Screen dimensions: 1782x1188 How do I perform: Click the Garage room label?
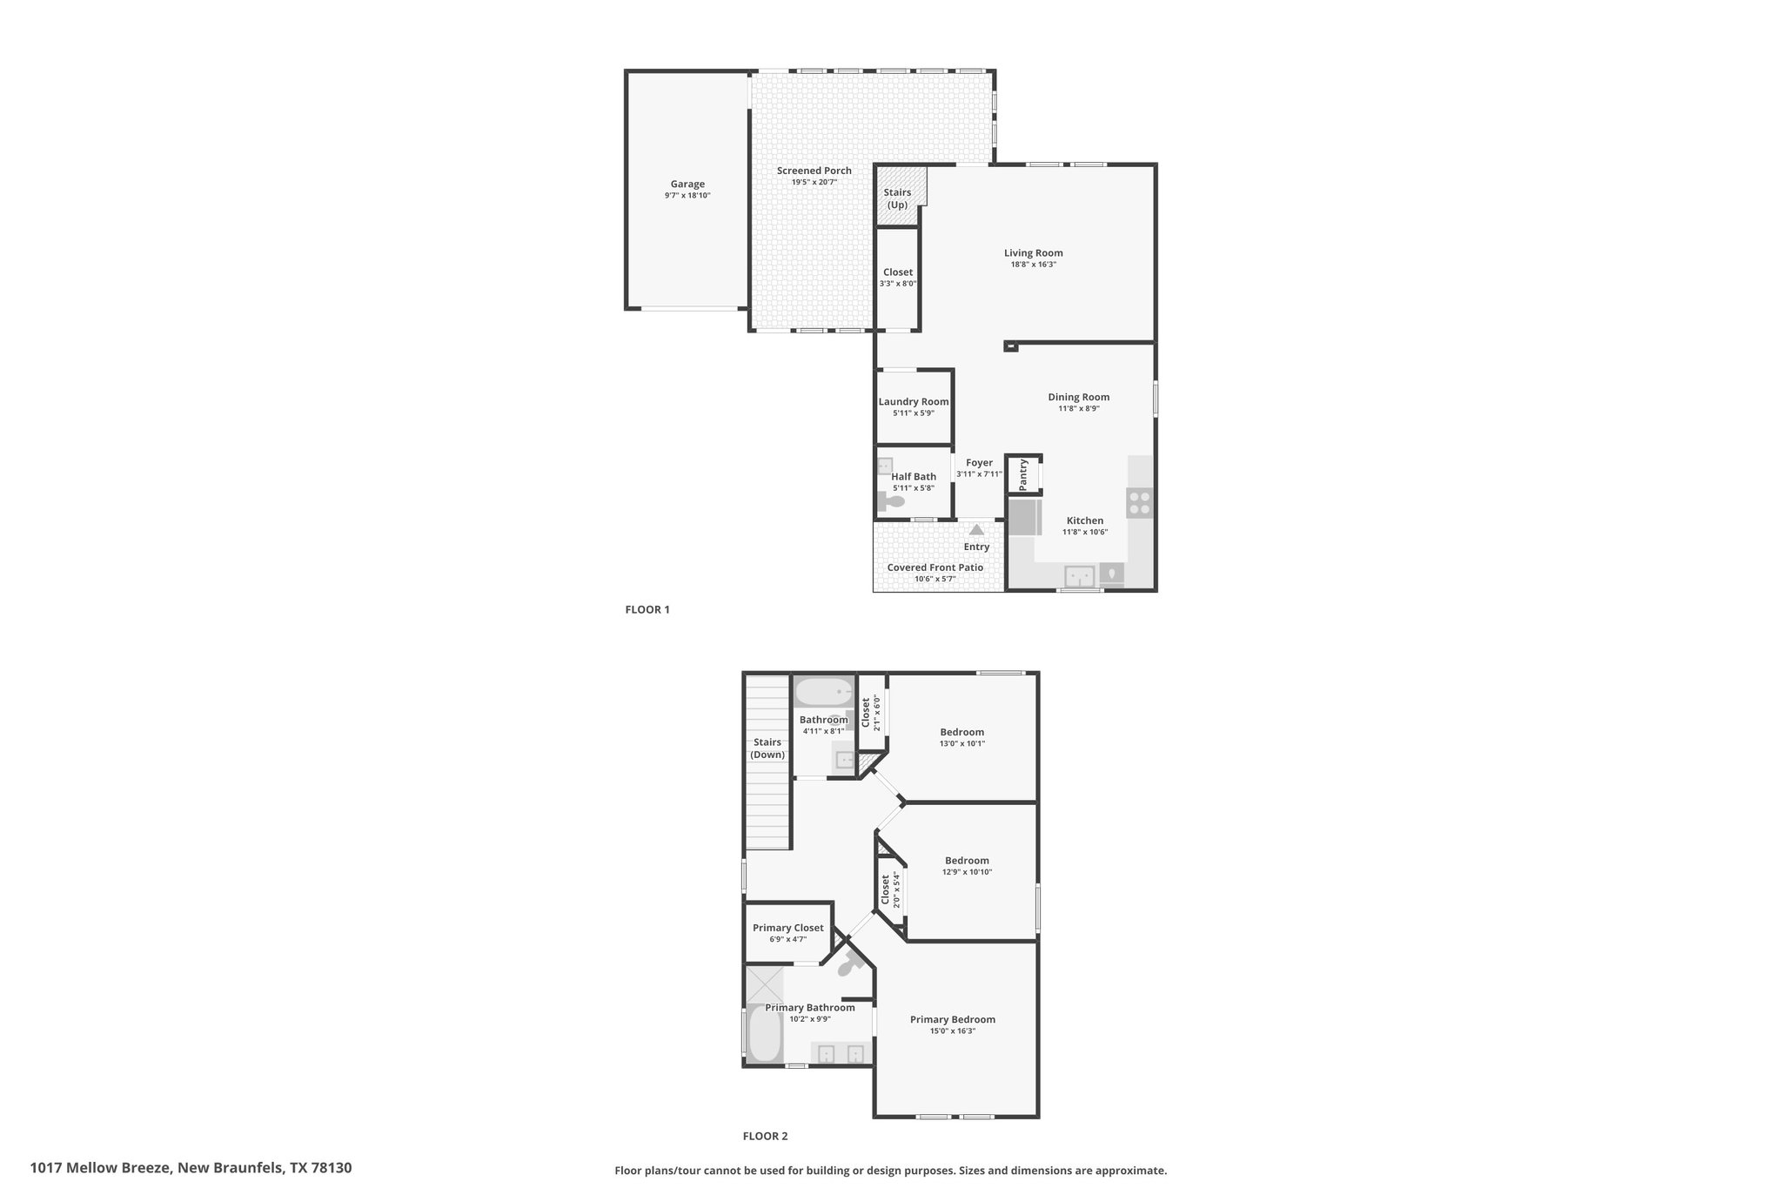tap(687, 184)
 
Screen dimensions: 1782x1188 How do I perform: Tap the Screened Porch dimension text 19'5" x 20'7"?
tap(814, 182)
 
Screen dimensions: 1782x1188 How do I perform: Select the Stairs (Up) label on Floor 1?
tap(897, 198)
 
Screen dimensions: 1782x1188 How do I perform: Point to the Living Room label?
tap(1034, 253)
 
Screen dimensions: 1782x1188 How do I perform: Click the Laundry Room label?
tap(914, 402)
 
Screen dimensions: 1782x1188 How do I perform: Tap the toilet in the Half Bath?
tap(892, 502)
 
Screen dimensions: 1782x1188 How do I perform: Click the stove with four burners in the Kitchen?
tap(1139, 503)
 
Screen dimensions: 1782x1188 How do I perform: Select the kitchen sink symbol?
tap(1080, 576)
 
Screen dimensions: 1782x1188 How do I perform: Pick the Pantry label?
tap(1023, 474)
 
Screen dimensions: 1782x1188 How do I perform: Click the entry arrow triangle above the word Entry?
tap(976, 529)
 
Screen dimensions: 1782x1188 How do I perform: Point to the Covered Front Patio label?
tap(935, 567)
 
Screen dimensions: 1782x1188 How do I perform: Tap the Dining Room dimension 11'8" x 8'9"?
tap(1079, 408)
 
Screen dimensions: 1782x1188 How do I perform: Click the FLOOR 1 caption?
tap(647, 609)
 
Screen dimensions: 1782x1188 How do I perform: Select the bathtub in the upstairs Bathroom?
tap(823, 692)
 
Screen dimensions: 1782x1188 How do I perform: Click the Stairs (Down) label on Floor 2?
tap(767, 748)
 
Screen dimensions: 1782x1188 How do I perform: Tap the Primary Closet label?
tap(788, 928)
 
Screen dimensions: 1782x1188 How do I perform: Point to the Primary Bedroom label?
tap(953, 1019)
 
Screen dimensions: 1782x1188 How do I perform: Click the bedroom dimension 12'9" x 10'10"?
tap(967, 872)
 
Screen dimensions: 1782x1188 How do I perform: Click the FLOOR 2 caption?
tap(765, 1136)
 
